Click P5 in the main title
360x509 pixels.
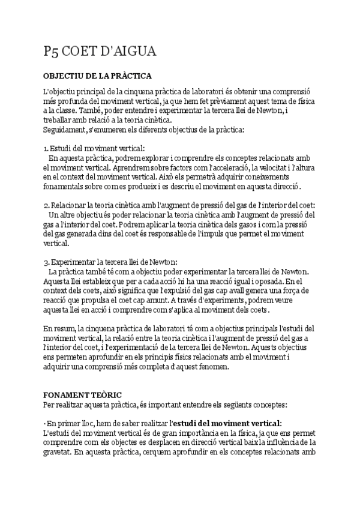coord(51,52)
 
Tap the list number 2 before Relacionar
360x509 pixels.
coord(46,205)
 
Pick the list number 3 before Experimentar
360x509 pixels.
coord(46,262)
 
